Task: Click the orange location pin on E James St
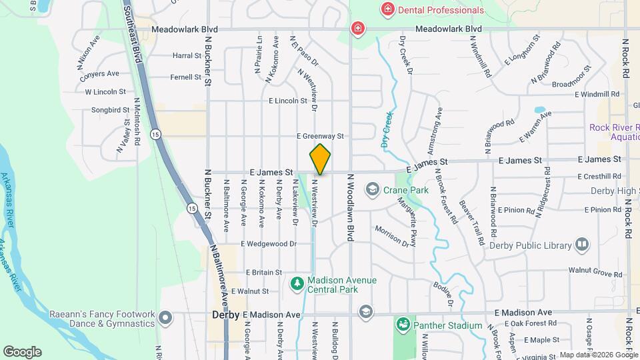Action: (x=321, y=159)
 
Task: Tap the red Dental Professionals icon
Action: (x=387, y=9)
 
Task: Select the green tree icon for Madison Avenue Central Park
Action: (x=297, y=284)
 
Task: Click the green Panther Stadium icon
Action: (x=403, y=325)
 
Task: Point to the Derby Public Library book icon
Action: (x=583, y=245)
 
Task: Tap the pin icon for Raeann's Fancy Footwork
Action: (x=165, y=319)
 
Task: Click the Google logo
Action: (x=22, y=351)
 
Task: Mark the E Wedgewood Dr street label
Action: (x=269, y=244)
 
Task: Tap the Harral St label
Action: (x=187, y=56)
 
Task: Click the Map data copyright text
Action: (x=597, y=355)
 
